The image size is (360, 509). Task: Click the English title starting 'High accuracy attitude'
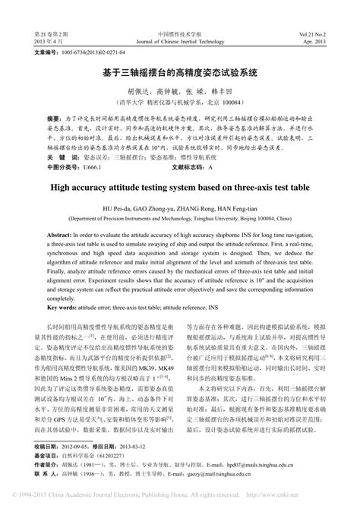tap(180, 185)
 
